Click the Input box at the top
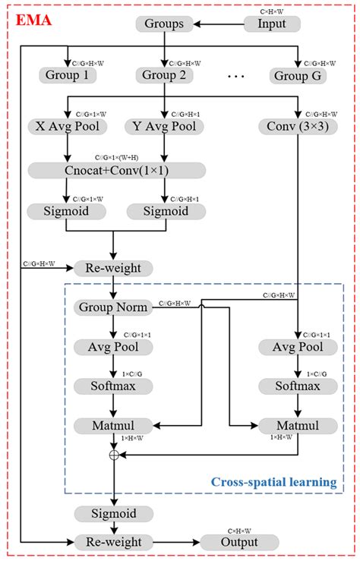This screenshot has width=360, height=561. pyautogui.click(x=272, y=24)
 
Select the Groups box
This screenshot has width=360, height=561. pyautogui.click(x=163, y=24)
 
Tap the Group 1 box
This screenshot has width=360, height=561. pyautogui.click(x=66, y=74)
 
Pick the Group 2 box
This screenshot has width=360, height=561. pyautogui.click(x=163, y=74)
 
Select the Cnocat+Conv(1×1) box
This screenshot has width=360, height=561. pyautogui.click(x=114, y=168)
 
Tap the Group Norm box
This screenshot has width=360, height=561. pyautogui.click(x=112, y=307)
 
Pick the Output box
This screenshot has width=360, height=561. pyautogui.click(x=238, y=542)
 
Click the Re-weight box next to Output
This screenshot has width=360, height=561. pyautogui.click(x=112, y=542)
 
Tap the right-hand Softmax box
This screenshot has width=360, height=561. pyautogui.click(x=298, y=386)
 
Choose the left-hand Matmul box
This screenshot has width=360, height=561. pyautogui.click(x=112, y=424)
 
